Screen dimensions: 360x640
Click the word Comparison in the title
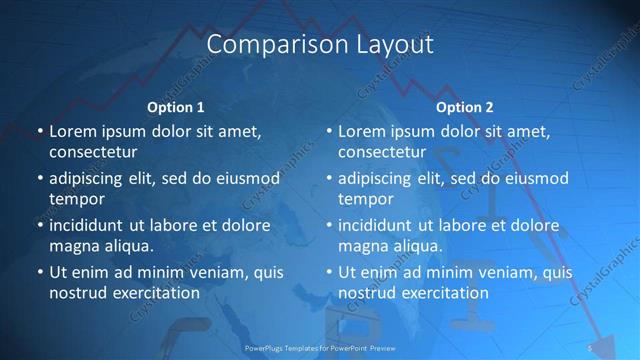click(264, 45)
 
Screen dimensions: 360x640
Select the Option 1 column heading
click(175, 107)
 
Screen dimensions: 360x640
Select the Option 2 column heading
click(465, 107)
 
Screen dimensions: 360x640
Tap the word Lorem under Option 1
click(73, 131)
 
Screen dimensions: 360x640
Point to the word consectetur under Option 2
click(382, 152)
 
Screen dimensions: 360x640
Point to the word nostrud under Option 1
click(77, 293)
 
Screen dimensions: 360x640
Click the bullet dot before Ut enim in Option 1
click(39, 272)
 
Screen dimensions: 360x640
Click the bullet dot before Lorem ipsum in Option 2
click(328, 131)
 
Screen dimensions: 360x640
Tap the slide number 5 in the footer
click(591, 347)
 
